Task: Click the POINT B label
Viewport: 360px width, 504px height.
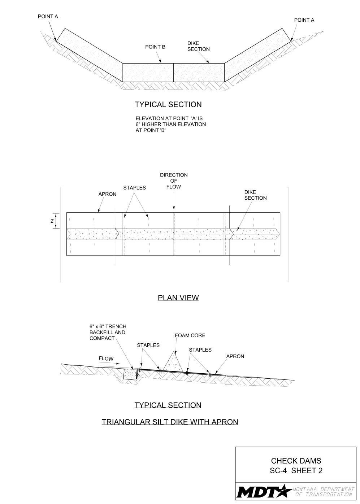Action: coord(155,47)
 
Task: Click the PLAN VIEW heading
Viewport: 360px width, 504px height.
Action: coord(178,298)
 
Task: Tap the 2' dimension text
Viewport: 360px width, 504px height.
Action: coord(53,221)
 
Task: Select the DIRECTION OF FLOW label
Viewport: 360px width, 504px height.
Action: coord(174,181)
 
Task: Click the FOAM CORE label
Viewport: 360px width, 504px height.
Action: coord(190,335)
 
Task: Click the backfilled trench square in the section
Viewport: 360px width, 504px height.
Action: coord(130,374)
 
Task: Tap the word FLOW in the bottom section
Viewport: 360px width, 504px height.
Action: coord(106,359)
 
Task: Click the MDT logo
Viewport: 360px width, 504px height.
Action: coord(264,491)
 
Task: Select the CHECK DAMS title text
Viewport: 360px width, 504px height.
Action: coord(296,461)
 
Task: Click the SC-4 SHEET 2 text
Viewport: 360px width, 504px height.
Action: coord(296,471)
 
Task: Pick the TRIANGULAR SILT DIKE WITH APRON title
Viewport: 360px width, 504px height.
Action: coord(170,422)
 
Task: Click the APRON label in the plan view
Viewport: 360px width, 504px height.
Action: coord(107,194)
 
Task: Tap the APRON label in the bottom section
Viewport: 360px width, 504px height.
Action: coord(235,356)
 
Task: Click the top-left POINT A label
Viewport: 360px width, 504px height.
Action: coord(48,17)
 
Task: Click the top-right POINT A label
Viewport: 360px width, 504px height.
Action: coord(304,20)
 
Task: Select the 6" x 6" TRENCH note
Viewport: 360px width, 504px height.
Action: coord(108,333)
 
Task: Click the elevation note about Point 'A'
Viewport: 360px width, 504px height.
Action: coord(170,124)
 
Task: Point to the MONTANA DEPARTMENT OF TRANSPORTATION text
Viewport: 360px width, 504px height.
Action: coord(324,492)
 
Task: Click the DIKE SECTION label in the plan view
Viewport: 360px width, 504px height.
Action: coord(255,195)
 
